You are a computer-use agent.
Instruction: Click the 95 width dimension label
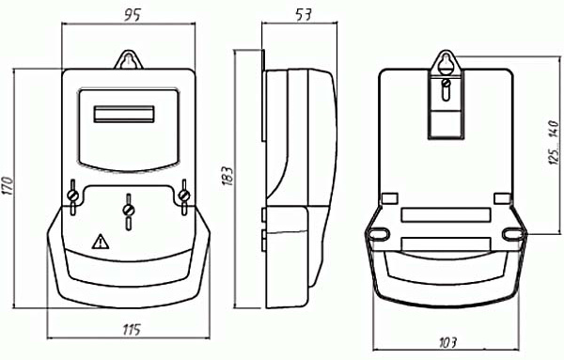[133, 15]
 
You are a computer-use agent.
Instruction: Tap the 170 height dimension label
[8, 185]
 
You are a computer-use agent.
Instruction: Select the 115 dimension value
[132, 329]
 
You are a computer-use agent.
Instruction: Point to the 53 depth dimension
[304, 14]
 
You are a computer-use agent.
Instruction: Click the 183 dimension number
[227, 176]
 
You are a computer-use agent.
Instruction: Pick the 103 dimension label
[447, 342]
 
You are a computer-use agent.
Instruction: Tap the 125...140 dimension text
[555, 143]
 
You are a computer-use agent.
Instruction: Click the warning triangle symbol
[101, 242]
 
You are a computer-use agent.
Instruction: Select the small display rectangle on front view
[124, 114]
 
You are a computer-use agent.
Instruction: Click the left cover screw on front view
[73, 196]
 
